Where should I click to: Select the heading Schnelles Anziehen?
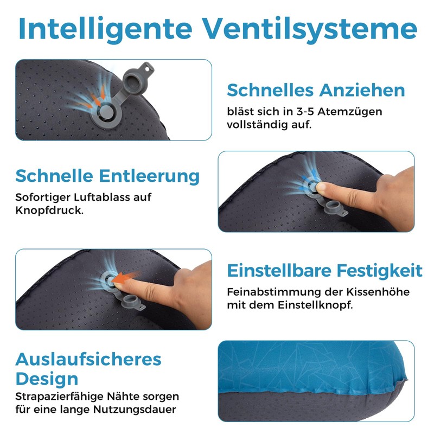(316, 90)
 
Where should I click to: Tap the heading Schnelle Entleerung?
(107, 176)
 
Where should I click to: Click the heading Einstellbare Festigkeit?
(324, 270)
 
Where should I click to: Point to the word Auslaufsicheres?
(88, 359)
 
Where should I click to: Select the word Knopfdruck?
(49, 209)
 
